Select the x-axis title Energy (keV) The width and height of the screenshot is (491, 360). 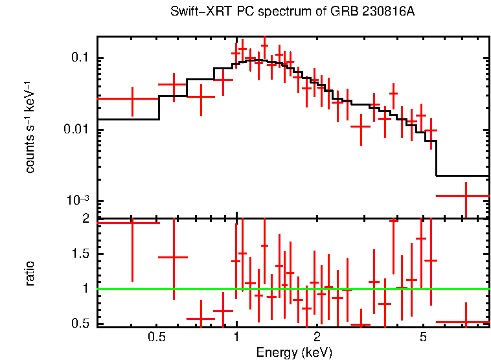(x=294, y=352)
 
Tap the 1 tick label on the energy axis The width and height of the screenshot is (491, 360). (x=236, y=337)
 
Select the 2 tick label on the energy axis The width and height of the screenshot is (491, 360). (x=317, y=337)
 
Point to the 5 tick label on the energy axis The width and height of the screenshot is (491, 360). (x=422, y=337)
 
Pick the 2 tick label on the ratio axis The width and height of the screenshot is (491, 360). (x=84, y=219)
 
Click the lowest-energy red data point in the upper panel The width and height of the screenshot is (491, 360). (x=132, y=98)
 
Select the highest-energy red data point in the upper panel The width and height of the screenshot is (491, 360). (x=466, y=195)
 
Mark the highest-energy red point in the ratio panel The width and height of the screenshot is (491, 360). (x=466, y=322)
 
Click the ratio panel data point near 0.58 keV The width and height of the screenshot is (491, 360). (x=173, y=257)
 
